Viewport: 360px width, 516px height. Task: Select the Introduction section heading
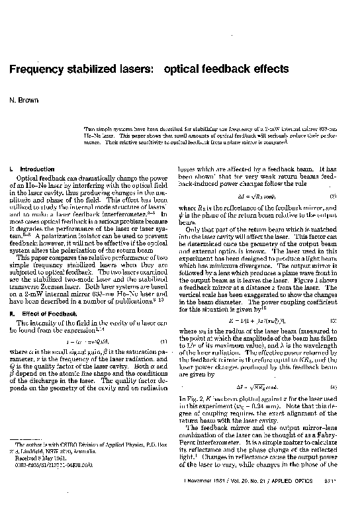tap(32, 169)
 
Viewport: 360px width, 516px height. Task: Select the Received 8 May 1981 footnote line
tap(38, 460)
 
